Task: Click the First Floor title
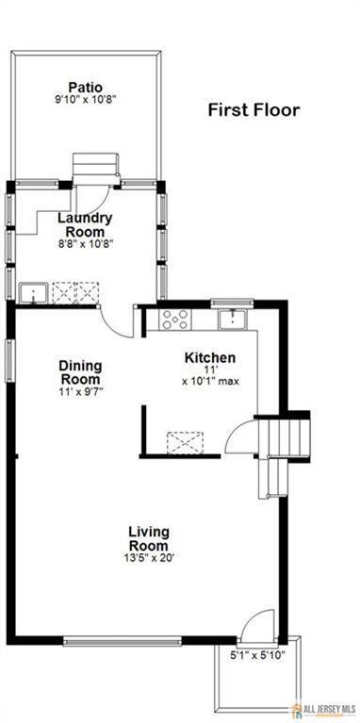(x=254, y=109)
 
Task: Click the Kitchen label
(x=209, y=358)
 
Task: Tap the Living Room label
(x=149, y=538)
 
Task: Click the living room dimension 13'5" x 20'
(x=149, y=556)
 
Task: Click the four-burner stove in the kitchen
(x=174, y=320)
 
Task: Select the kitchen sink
(x=232, y=319)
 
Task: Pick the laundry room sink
(x=32, y=293)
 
